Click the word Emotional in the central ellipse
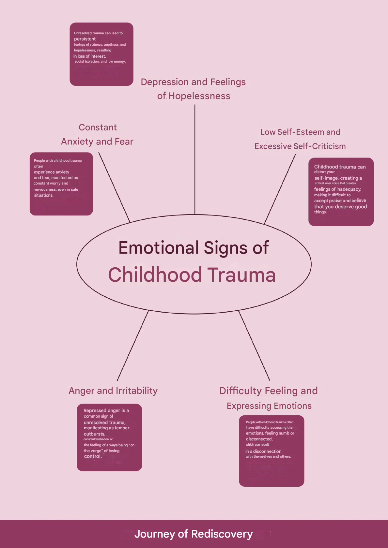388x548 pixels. (159, 248)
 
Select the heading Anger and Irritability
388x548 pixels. (113, 391)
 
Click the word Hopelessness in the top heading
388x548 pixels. (199, 96)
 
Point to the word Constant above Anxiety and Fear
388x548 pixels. (98, 127)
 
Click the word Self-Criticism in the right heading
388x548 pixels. (319, 146)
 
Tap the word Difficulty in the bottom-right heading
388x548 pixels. (241, 391)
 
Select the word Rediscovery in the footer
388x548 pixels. (222, 534)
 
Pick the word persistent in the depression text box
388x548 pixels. (85, 39)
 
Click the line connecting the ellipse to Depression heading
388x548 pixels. (195, 160)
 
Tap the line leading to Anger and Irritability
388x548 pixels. (132, 346)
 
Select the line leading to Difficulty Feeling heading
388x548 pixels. (254, 346)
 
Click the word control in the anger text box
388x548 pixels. (92, 456)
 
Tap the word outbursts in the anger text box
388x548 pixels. (94, 434)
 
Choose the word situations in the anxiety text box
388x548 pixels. (43, 195)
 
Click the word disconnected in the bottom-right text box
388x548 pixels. (259, 439)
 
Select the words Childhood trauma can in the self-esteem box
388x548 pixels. (340, 167)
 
